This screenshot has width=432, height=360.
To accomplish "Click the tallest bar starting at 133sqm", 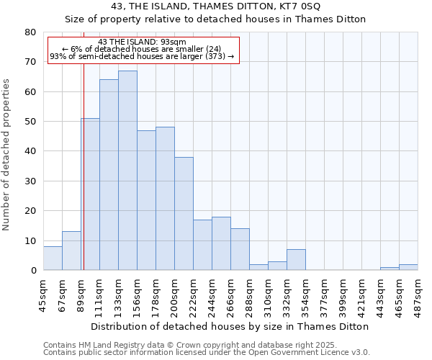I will (x=127, y=171).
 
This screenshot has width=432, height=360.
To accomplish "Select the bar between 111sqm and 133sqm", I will (x=109, y=175).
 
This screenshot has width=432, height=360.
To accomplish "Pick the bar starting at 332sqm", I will (x=296, y=260).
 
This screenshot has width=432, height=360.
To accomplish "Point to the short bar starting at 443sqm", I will (x=390, y=269).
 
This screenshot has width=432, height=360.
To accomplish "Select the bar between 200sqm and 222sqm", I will (x=184, y=214).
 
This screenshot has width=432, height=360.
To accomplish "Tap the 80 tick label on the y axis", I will (x=30, y=32).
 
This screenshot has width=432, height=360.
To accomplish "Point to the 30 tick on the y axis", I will (x=30, y=181).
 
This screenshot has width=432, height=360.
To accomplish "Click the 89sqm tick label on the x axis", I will (x=81, y=294).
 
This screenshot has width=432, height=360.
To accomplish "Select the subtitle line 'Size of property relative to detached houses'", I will (x=215, y=19).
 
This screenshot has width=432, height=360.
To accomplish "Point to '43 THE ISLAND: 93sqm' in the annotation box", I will (x=143, y=42).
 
